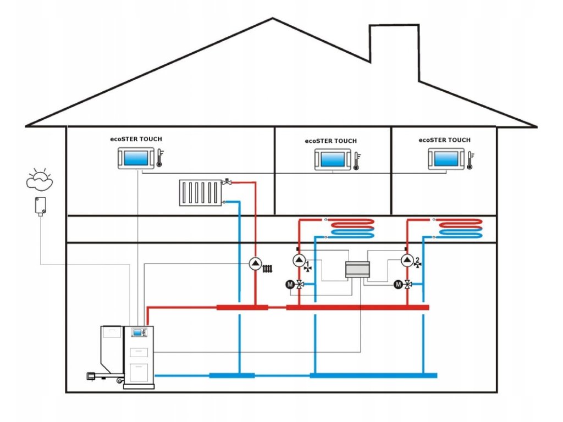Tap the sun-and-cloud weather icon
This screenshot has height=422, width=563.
pyautogui.click(x=40, y=179)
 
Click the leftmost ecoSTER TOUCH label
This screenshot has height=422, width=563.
pyautogui.click(x=136, y=139)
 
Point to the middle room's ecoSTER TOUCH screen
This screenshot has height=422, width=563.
pyautogui.click(x=333, y=159)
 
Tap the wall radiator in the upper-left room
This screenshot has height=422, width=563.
pyautogui.click(x=200, y=193)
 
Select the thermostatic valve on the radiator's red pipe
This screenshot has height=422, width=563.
pyautogui.click(x=227, y=182)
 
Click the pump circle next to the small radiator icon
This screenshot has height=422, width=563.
pyautogui.click(x=255, y=264)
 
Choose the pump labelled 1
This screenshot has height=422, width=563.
pyautogui.click(x=299, y=260)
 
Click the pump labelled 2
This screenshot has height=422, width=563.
pyautogui.click(x=407, y=260)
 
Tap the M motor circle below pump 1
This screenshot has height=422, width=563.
pyautogui.click(x=290, y=285)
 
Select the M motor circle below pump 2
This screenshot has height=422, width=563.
pyautogui.click(x=398, y=285)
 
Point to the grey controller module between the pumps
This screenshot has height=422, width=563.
pyautogui.click(x=357, y=270)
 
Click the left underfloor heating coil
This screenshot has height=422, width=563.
pyautogui.click(x=352, y=229)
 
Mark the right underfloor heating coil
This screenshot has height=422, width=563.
pyautogui.click(x=460, y=229)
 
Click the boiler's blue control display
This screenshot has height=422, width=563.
pyautogui.click(x=137, y=332)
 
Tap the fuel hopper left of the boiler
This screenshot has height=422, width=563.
pyautogui.click(x=112, y=350)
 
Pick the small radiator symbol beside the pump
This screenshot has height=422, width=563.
pyautogui.click(x=268, y=268)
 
